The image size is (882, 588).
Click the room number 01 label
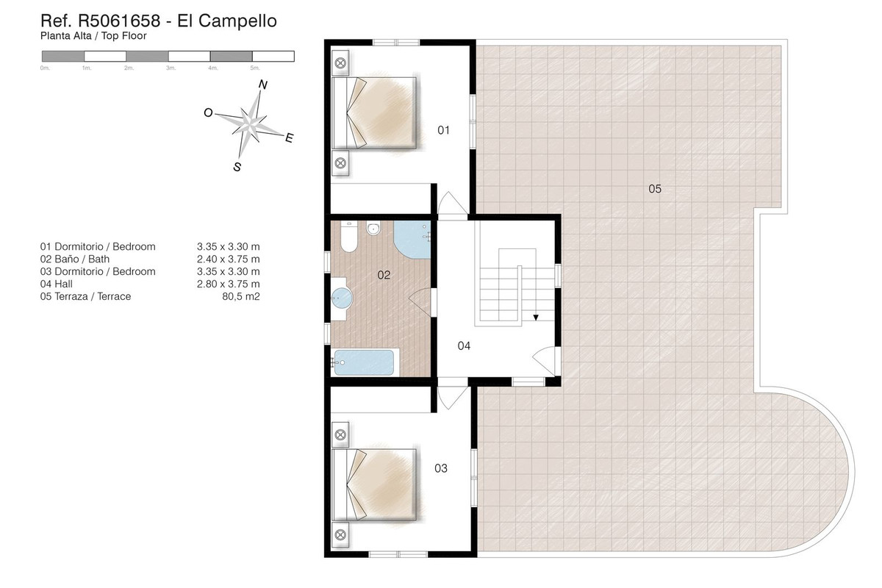443,130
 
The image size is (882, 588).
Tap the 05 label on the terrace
655,189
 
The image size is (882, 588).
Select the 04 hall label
464,345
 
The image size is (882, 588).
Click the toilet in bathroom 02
349,237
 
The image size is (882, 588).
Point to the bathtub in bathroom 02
364,362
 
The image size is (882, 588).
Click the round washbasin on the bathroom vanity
342,298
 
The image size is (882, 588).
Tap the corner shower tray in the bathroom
412,240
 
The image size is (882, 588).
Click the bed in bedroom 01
374,113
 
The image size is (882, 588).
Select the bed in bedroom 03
374,485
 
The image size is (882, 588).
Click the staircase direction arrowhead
536,318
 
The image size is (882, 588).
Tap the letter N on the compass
262,85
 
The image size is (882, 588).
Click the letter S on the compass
237,167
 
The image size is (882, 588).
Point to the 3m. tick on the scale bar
171,68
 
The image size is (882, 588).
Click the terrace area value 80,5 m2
241,296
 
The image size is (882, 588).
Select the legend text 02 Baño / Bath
75,259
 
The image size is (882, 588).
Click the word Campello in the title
227,21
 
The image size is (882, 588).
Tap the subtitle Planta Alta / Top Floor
93,36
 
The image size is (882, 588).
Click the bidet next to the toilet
373,228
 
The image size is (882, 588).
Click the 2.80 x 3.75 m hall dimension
229,284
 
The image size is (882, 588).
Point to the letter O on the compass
208,113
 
